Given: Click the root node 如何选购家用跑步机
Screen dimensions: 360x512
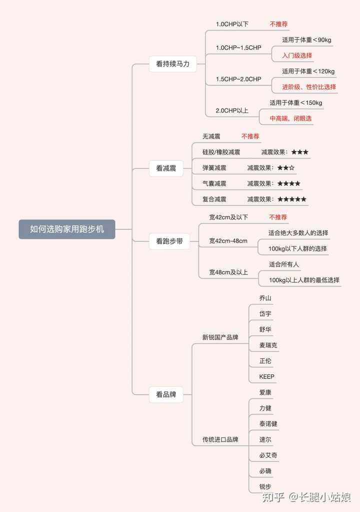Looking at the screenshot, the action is point(66,229).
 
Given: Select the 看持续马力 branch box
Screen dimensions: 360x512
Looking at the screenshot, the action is point(172,63).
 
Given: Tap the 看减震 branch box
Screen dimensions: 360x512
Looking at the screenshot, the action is point(166,168).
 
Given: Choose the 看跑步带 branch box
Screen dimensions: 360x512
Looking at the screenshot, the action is point(169,241).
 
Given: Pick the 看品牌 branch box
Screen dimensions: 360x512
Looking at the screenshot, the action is point(166,394).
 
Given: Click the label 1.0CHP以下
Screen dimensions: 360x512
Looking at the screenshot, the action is point(232,24).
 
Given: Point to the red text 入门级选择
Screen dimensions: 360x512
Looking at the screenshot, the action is point(297,55).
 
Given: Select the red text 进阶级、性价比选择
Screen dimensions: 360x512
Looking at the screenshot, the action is point(309,87).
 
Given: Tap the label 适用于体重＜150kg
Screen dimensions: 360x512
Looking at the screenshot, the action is point(296,103).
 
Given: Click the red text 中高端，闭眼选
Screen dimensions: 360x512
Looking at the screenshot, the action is point(291,118).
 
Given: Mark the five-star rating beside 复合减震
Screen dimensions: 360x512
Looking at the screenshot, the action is point(292,199).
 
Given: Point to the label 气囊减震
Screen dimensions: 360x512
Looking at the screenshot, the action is point(214,183).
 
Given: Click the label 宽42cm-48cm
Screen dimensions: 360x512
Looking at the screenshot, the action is point(228,241).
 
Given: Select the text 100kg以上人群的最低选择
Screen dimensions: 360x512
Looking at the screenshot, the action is point(304,280).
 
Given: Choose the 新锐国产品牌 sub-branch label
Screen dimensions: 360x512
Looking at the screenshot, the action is point(220,337).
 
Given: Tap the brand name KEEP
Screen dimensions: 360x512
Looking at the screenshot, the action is point(266,376).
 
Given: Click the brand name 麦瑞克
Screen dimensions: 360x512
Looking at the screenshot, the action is point(268,345).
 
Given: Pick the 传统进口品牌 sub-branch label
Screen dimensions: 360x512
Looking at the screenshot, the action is point(220,440).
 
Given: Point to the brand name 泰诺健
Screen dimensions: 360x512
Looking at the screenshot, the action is point(268,424).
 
